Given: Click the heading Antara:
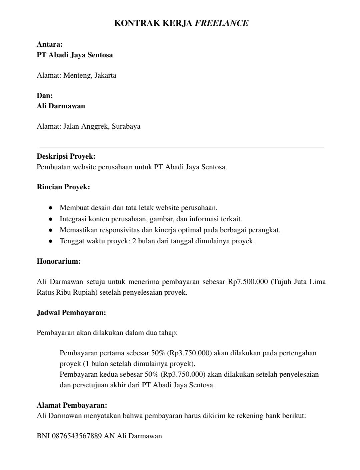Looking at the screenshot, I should [50, 44].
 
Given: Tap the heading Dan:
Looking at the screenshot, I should [45, 96].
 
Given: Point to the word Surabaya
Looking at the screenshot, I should [126, 126].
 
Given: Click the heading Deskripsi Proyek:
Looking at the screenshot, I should [66, 156].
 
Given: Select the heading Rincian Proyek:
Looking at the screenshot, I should [63, 187].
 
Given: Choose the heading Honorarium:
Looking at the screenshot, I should [59, 261].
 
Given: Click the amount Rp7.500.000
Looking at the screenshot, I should [248, 282].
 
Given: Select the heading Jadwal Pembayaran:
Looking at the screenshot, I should [71, 313].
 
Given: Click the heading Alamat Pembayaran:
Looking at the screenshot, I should [72, 405].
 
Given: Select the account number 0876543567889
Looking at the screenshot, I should [77, 436].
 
